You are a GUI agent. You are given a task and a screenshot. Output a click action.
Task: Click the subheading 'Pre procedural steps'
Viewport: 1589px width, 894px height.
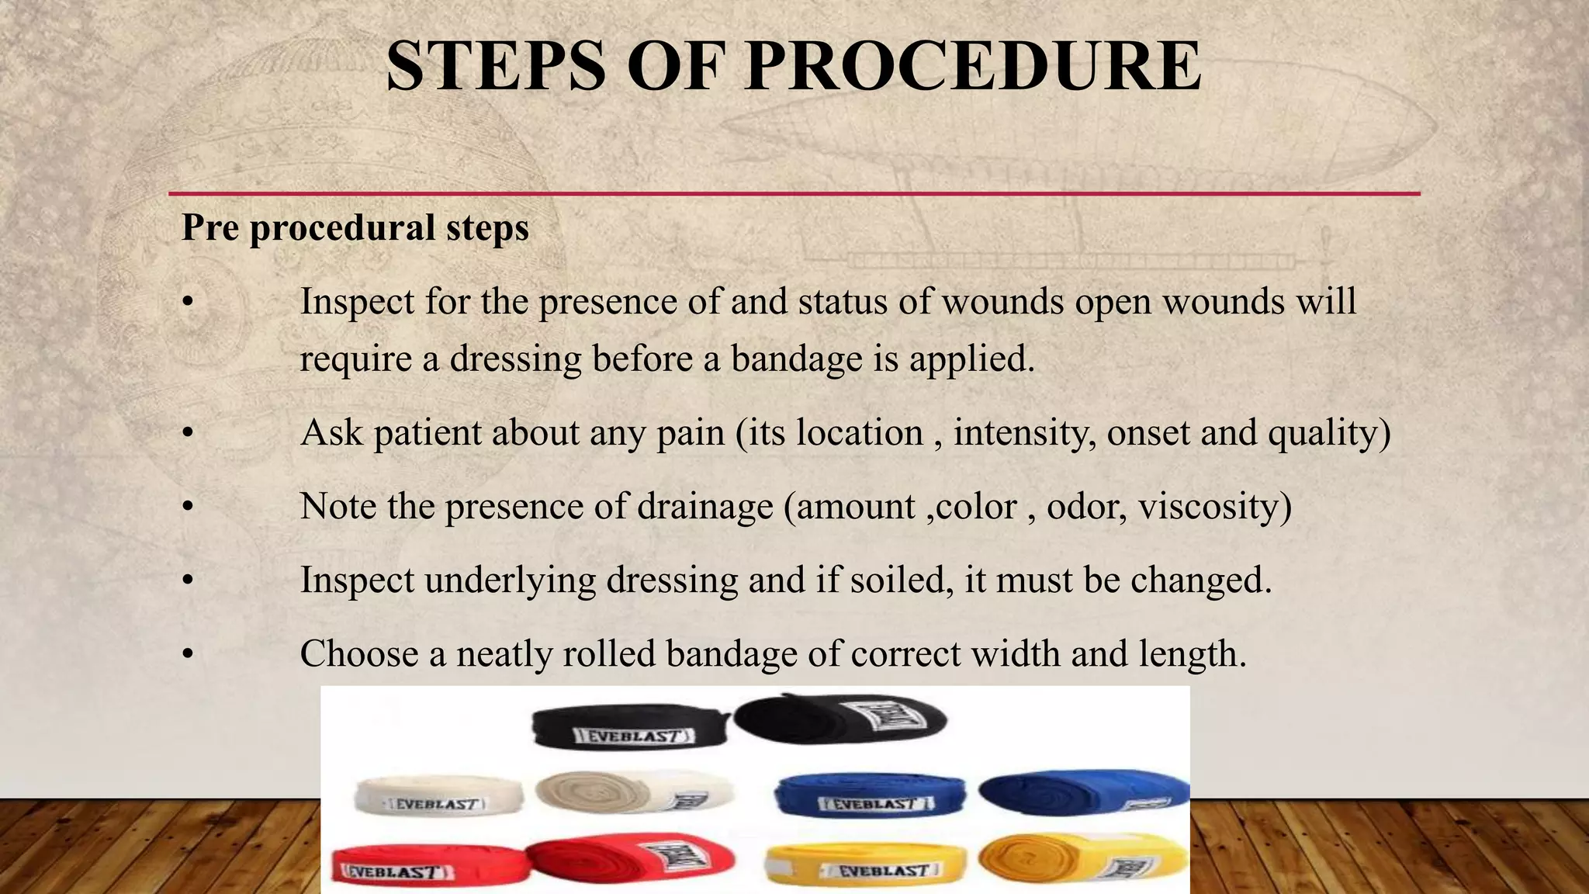pyautogui.click(x=355, y=227)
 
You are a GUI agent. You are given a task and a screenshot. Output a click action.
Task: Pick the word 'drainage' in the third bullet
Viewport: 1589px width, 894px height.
pyautogui.click(x=704, y=506)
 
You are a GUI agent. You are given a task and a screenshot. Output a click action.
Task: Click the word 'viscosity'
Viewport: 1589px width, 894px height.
pyautogui.click(x=1209, y=506)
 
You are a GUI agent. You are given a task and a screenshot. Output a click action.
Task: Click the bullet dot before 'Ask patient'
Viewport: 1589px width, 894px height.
pyautogui.click(x=187, y=433)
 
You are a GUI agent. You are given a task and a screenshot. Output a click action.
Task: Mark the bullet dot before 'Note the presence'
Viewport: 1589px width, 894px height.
pyautogui.click(x=187, y=507)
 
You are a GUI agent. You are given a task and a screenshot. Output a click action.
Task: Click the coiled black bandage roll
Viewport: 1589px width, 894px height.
pyautogui.click(x=840, y=718)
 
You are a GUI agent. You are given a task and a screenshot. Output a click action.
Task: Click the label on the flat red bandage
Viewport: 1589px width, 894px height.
pyautogui.click(x=394, y=872)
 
